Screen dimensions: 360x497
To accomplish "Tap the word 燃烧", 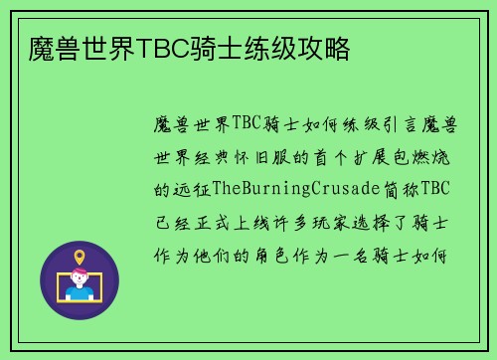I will click(439, 156).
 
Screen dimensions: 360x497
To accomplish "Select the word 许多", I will click(307, 220).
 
